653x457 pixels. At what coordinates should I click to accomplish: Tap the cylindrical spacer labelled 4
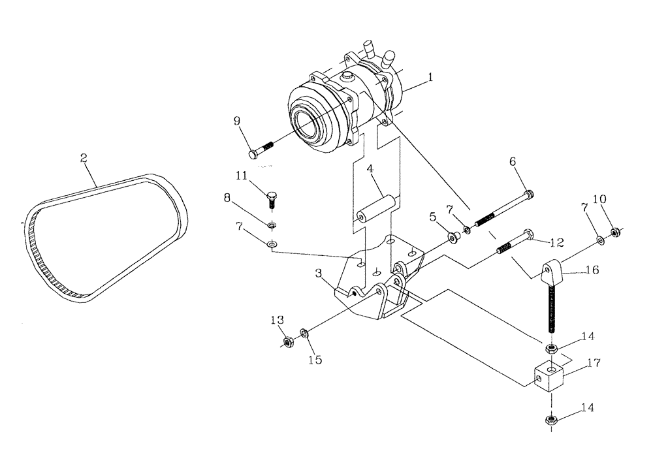click(x=376, y=212)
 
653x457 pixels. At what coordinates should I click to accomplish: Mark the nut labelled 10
click(x=615, y=231)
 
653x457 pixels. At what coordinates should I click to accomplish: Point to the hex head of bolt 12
click(x=530, y=234)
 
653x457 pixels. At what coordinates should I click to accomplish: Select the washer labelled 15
click(x=304, y=334)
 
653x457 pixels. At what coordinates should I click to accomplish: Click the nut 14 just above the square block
click(x=551, y=349)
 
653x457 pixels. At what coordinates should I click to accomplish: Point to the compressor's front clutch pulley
click(x=313, y=121)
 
